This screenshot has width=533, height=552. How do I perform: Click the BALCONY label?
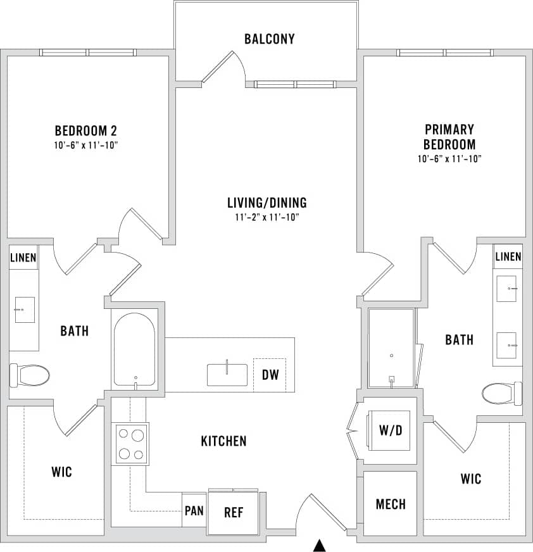(x=270, y=39)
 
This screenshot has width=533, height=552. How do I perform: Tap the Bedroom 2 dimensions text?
(x=86, y=146)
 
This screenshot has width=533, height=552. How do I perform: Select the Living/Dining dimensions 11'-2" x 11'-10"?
(x=266, y=217)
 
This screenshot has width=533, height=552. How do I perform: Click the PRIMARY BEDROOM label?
(x=449, y=137)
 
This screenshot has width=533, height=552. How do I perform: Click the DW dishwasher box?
(x=270, y=375)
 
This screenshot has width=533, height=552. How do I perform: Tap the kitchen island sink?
(x=227, y=374)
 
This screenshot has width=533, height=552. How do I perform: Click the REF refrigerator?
(x=234, y=512)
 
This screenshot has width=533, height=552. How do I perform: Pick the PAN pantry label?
(x=194, y=510)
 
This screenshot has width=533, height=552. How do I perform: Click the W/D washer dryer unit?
(x=391, y=430)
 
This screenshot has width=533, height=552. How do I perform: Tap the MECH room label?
(x=391, y=504)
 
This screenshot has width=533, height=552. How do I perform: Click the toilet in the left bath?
(x=30, y=375)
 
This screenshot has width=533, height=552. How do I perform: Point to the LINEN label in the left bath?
(x=23, y=258)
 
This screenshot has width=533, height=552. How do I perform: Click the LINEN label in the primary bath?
(x=508, y=256)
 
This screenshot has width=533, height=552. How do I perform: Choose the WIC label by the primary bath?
(x=471, y=479)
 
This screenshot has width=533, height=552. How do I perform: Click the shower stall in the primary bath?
(x=392, y=348)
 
